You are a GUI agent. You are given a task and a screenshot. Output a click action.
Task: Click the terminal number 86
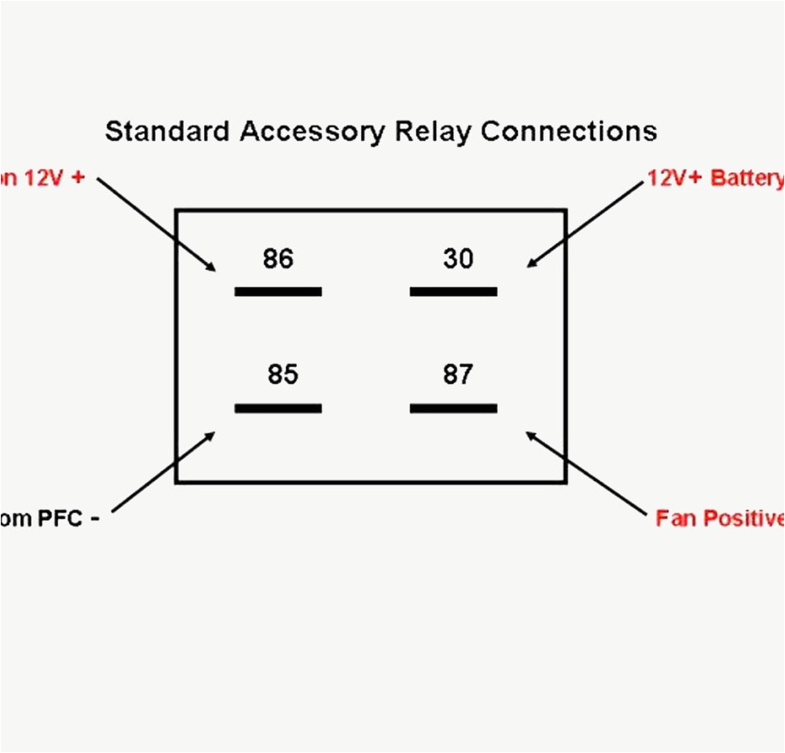click(x=278, y=260)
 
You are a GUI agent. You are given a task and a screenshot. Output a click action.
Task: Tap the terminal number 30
click(x=458, y=260)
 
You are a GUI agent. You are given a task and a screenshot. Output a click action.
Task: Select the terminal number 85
click(x=282, y=375)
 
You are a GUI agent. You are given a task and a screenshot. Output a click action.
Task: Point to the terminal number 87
click(x=458, y=375)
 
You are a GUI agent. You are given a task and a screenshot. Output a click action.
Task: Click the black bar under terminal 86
click(x=278, y=291)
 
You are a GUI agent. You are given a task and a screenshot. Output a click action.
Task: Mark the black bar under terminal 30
click(x=453, y=291)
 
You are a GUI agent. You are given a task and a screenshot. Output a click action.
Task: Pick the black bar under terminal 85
click(x=278, y=408)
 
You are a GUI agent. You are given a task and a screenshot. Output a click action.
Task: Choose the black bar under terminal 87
click(x=453, y=408)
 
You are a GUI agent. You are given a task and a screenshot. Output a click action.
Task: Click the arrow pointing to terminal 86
click(x=157, y=224)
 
